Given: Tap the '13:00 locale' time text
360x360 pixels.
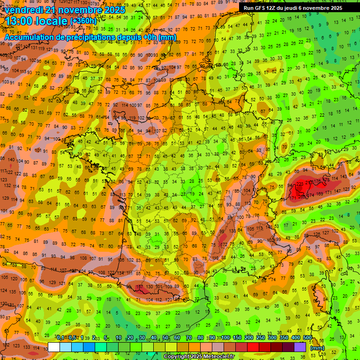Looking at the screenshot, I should click(35, 21).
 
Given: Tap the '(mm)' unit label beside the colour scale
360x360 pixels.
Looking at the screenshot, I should click(317, 348).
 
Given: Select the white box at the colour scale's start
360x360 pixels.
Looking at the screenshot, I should click(53, 347).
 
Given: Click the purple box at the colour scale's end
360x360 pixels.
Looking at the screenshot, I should click(300, 347).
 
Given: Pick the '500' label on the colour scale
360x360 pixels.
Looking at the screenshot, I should click(307, 337).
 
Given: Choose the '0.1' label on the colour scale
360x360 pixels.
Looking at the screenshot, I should click(60, 337).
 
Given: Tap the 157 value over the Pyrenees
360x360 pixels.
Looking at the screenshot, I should click(140, 287).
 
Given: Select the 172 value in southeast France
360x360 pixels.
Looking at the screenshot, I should click(224, 244).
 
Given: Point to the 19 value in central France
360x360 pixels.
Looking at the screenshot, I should click(193, 193).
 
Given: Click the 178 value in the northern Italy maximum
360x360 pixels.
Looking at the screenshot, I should click(327, 180).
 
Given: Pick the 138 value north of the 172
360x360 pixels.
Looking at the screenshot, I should click(232, 231).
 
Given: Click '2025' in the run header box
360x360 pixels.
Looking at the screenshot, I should click(334, 8).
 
